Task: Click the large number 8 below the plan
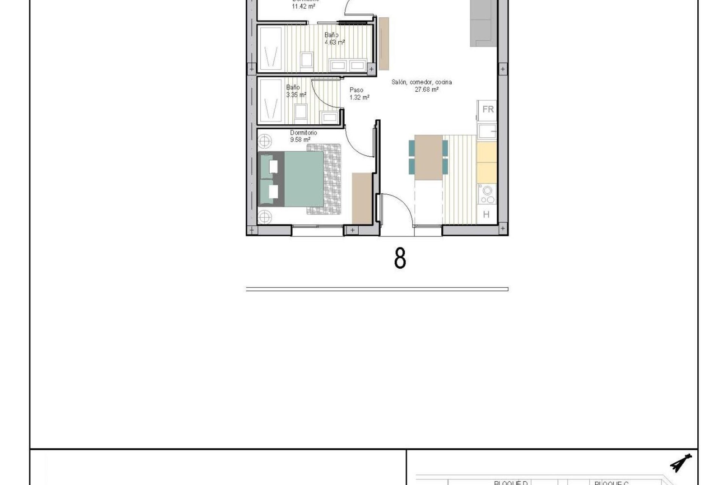[x=400, y=259]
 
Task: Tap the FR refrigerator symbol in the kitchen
[x=488, y=110]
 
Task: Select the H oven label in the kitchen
[x=486, y=214]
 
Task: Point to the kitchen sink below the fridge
[x=487, y=131]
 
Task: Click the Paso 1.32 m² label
[x=359, y=94]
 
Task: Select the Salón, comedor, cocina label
[x=422, y=82]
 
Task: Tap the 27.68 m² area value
[x=427, y=90]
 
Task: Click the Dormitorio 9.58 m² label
[x=303, y=136]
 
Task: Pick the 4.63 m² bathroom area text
[x=334, y=42]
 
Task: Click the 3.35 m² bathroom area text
[x=296, y=95]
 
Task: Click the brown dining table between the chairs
[x=429, y=157]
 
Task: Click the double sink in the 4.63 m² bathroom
[x=348, y=66]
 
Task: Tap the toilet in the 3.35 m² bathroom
[x=301, y=112]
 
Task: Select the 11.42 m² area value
[x=303, y=6]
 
